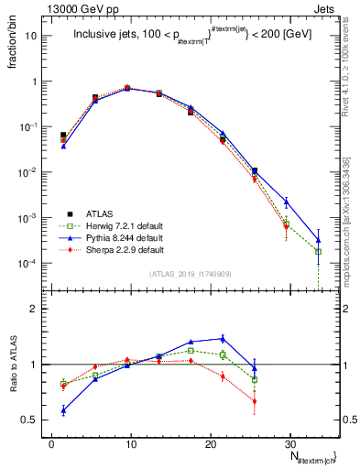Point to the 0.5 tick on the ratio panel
35,420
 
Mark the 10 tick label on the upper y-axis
33,36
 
